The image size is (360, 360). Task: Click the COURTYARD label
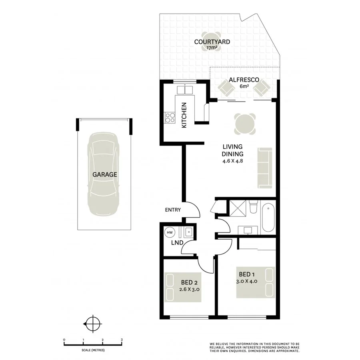206,42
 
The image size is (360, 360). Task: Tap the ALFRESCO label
242,80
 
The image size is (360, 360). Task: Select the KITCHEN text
184,116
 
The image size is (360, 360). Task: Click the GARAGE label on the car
105,174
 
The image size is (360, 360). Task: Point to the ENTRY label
173,210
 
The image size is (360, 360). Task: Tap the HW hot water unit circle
170,232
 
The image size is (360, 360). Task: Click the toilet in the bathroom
253,208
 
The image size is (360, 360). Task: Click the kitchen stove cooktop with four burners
170,118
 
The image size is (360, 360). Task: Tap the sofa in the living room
264,168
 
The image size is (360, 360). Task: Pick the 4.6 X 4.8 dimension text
233,161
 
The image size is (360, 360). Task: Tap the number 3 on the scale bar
122,340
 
